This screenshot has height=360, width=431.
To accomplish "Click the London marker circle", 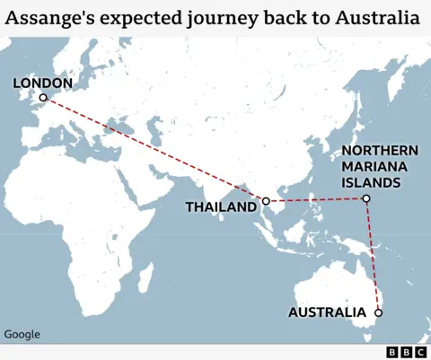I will pos(42,98).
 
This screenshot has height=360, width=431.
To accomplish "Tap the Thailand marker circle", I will pos(266,201).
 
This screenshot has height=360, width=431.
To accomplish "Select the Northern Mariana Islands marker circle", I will pos(365,198).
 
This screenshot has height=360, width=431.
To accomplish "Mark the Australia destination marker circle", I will pos(378,312).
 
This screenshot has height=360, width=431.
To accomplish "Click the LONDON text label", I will pos(42,83).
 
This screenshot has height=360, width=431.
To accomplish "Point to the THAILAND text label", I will pos(220,207).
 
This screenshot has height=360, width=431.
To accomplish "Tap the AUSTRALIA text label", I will pos(327,312).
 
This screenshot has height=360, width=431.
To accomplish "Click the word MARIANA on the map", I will pos(375,167).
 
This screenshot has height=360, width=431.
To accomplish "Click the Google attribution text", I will pos(22,335).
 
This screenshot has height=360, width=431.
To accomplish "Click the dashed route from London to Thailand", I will pos(153,149).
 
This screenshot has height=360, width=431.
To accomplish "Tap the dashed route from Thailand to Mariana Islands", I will pos(314,200).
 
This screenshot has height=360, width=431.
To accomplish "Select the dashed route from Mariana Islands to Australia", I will pos(372,256).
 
